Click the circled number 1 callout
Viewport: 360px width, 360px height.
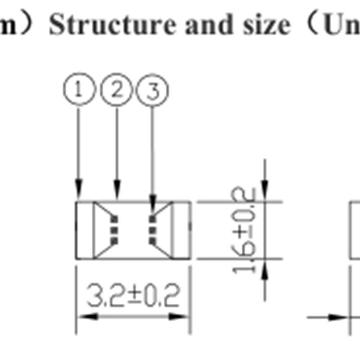pyautogui.click(x=79, y=91)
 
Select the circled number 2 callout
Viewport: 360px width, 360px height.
pyautogui.click(x=117, y=91)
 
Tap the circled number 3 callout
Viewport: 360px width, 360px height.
pyautogui.click(x=153, y=92)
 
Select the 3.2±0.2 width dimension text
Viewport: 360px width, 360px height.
pyautogui.click(x=133, y=296)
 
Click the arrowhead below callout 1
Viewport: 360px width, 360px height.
pyautogui.click(x=79, y=188)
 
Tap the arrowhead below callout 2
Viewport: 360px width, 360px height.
pyautogui.click(x=117, y=188)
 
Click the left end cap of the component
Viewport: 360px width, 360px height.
pyautogui.click(x=84, y=230)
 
